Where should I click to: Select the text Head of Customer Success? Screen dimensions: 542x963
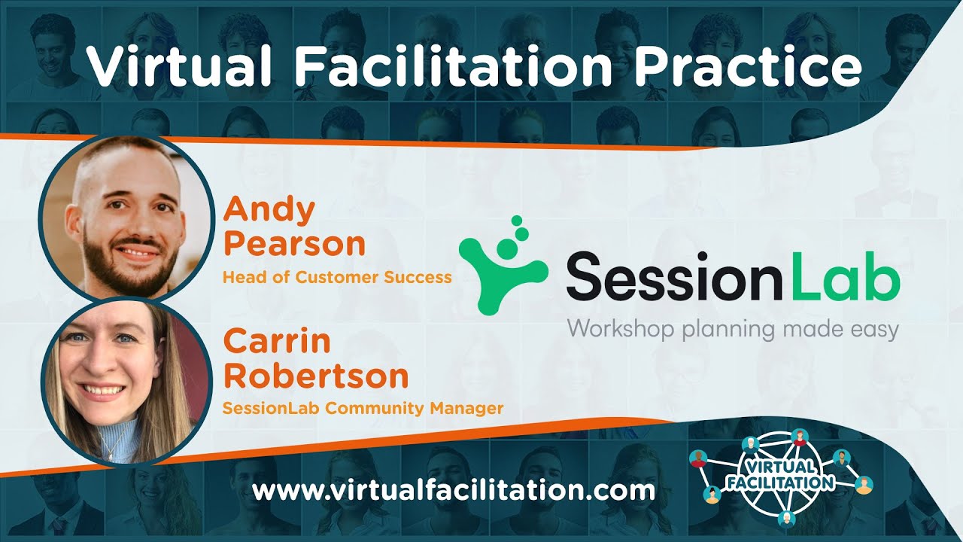point(337,277)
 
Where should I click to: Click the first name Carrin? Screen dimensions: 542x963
point(277,341)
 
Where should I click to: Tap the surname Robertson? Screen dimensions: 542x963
point(316,375)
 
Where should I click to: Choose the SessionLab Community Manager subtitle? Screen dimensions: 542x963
point(363,409)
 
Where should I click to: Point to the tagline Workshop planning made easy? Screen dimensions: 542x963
point(732,329)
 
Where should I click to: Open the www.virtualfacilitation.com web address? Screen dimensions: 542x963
point(454,492)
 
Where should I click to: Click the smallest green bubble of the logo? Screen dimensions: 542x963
point(516,221)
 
